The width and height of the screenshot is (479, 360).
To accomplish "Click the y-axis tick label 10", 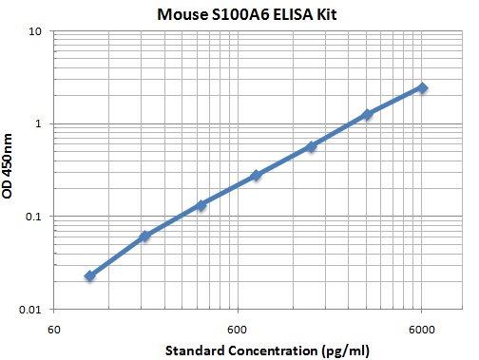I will [x=38, y=31].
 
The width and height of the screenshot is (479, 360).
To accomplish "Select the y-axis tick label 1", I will [x=42, y=123].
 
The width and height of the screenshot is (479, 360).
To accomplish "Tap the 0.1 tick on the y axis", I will [x=36, y=217].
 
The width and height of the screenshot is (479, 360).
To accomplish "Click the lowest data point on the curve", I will [x=89, y=275].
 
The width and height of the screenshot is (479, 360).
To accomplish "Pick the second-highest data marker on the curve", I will [x=367, y=114].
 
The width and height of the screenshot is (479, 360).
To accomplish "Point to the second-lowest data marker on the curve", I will [x=145, y=236].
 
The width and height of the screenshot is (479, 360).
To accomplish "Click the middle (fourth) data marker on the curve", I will [x=256, y=176].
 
